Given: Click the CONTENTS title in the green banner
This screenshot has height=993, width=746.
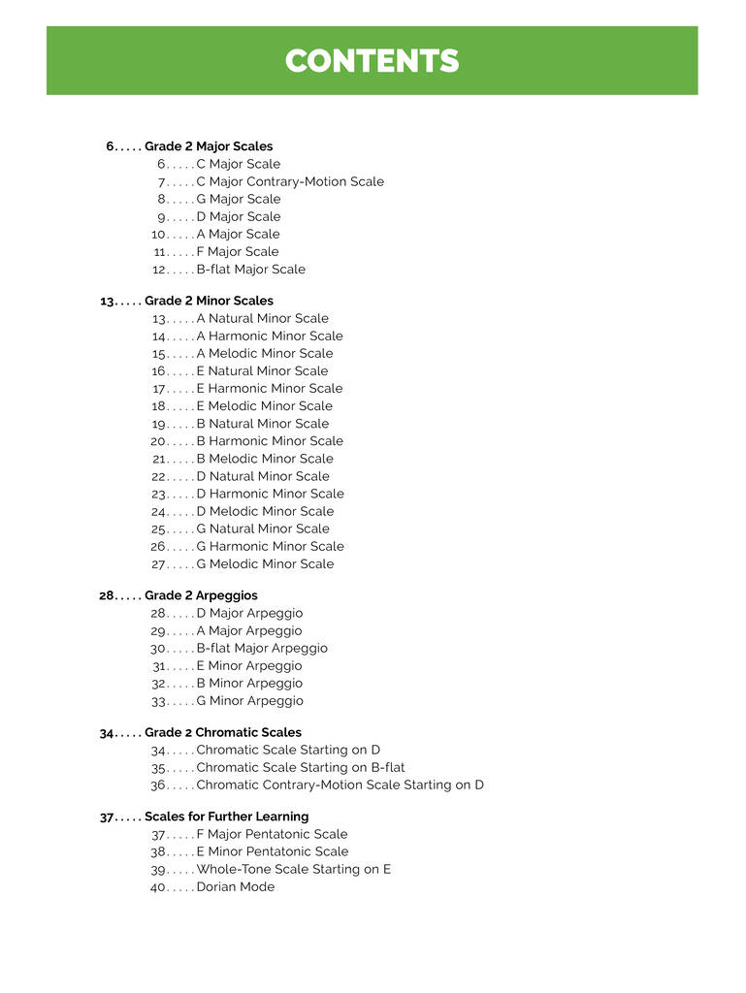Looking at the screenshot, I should click(x=372, y=61).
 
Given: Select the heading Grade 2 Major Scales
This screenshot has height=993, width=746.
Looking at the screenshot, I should click(x=209, y=146).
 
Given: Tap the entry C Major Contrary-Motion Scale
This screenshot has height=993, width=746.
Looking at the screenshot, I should click(x=290, y=181).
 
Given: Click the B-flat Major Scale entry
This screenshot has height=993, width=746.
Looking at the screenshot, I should click(x=250, y=270).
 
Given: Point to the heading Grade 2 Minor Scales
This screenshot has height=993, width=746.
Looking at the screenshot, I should click(x=209, y=301).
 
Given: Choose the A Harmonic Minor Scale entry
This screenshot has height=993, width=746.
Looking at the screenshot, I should click(x=270, y=336).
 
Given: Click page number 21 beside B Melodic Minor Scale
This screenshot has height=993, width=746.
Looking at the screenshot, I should click(x=160, y=459).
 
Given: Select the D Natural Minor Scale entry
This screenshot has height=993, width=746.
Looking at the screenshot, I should click(x=263, y=476).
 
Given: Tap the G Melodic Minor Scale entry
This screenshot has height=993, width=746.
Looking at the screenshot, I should click(x=265, y=563).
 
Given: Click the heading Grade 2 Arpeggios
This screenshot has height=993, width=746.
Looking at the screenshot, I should click(x=201, y=595).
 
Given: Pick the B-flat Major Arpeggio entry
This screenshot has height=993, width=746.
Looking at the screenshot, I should click(x=262, y=648).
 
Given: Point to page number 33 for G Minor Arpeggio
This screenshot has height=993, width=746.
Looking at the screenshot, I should click(x=159, y=701).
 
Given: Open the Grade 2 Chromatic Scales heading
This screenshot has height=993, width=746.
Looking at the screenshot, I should click(x=222, y=732).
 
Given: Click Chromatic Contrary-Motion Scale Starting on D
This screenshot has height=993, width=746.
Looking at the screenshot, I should click(x=340, y=785).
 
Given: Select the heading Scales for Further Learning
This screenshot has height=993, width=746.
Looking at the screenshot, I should click(x=226, y=817).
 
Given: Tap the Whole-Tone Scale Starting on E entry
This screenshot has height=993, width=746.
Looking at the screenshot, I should click(x=293, y=869).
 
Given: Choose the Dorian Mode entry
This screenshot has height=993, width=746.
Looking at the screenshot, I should click(x=235, y=886).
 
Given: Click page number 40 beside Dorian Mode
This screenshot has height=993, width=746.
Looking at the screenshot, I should click(x=159, y=886).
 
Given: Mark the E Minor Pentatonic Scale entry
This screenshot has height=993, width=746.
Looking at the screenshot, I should click(x=272, y=851).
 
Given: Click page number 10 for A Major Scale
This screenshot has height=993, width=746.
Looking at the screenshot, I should click(x=160, y=234).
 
